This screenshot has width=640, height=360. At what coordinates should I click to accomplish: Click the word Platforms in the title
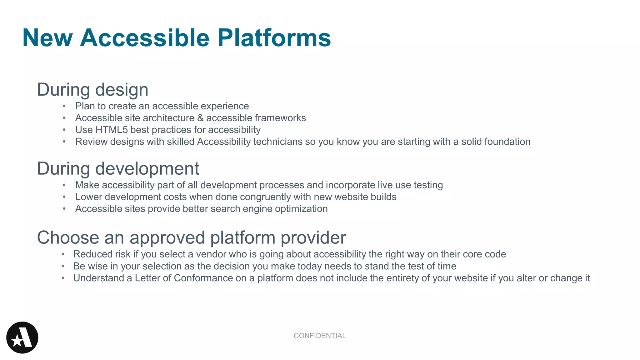point(274,38)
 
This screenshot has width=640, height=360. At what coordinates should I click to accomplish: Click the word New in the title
point(47,38)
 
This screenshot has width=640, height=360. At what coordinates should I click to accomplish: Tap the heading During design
point(92,90)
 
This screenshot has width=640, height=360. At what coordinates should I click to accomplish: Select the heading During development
point(118,169)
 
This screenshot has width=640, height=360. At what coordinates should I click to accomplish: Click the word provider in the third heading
point(313,238)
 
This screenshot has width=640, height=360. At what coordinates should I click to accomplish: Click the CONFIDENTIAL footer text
point(320,336)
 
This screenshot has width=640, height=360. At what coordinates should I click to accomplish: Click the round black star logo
point(22,337)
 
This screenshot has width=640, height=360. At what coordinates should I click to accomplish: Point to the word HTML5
point(112,130)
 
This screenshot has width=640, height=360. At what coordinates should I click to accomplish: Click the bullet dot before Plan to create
point(64,106)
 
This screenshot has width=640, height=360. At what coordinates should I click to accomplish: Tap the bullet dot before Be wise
point(63,266)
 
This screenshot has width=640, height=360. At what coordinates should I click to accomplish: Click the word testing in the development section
point(428,185)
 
